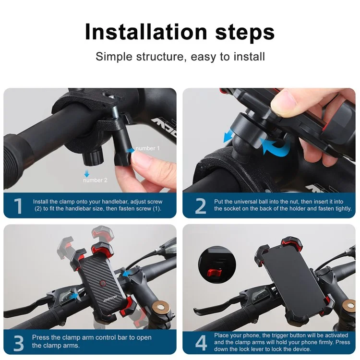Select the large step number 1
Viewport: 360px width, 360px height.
pyautogui.click(x=18, y=206)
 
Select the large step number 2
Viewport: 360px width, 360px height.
pyautogui.click(x=200, y=206)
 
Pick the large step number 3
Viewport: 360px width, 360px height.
pyautogui.click(x=18, y=343)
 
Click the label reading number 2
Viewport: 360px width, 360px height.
pyautogui.click(x=96, y=180)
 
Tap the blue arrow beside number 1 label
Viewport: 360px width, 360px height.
pyautogui.click(x=131, y=150)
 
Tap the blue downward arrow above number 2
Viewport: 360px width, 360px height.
pyautogui.click(x=87, y=172)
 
